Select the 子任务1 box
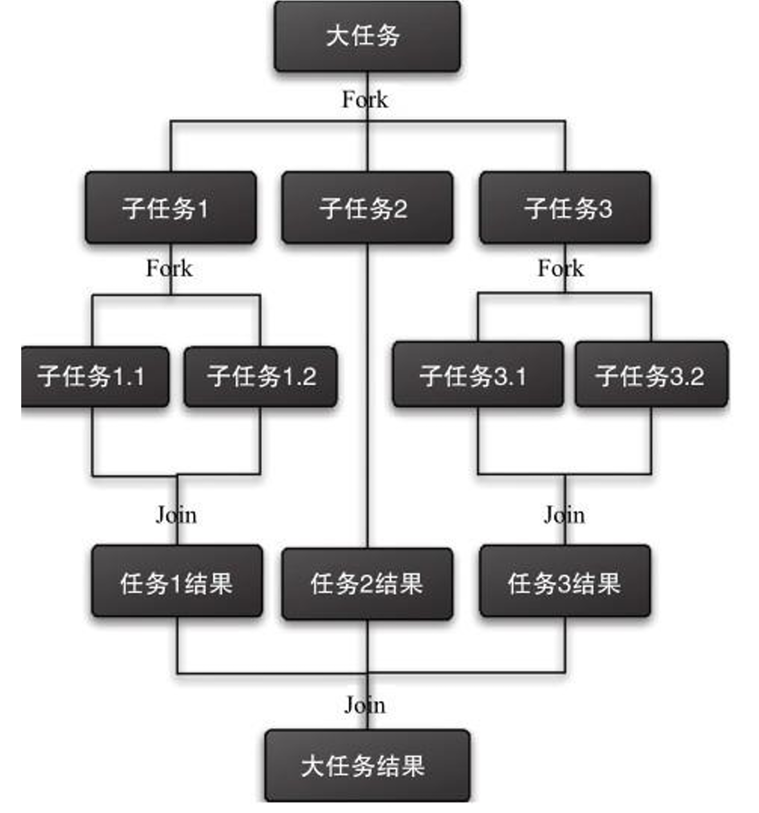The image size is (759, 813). pos(171,208)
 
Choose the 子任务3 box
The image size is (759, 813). pos(565,208)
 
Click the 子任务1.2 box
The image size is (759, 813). pos(261,376)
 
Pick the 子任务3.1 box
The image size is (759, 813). pos(478,375)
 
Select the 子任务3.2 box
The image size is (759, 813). pos(651,375)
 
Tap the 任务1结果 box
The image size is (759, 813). pos(177,582)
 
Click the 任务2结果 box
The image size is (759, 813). pos(367,584)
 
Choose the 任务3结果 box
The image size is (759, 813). pos(565,582)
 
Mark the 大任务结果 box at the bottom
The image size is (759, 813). pos(367,765)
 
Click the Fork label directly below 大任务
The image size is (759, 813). pos(364,100)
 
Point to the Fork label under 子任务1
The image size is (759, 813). pos(169,268)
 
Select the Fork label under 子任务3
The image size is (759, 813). pos(561,268)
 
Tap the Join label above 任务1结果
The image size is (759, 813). pos(176,515)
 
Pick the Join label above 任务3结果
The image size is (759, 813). pos(564,515)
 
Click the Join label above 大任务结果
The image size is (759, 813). pos(364,705)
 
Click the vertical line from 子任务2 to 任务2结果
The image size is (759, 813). pos(367,399)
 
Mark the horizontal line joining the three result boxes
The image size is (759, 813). pos(270,673)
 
